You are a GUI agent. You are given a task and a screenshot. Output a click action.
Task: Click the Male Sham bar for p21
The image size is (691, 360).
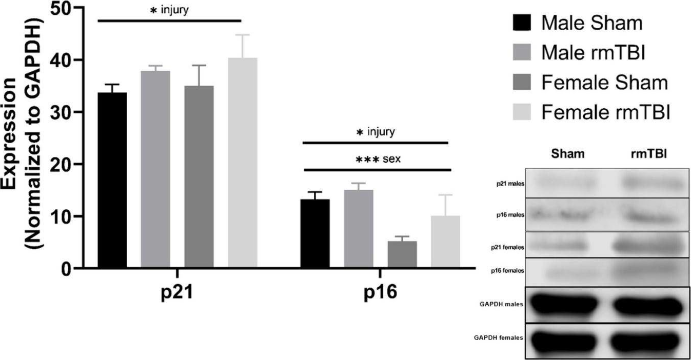pyautogui.click(x=112, y=180)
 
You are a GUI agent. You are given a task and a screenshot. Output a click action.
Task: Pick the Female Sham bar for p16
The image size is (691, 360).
pyautogui.click(x=402, y=254)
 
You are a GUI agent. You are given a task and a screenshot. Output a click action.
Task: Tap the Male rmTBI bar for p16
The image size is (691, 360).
pyautogui.click(x=359, y=229)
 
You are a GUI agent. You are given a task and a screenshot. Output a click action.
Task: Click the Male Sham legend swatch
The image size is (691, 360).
pyautogui.click(x=521, y=24)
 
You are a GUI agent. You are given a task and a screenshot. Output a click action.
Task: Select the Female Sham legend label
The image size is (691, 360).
pyautogui.click(x=605, y=83)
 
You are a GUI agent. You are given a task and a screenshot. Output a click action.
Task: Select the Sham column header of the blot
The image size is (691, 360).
pyautogui.click(x=568, y=154)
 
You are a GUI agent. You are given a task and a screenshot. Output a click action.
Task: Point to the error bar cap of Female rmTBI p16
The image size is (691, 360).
pyautogui.click(x=445, y=195)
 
